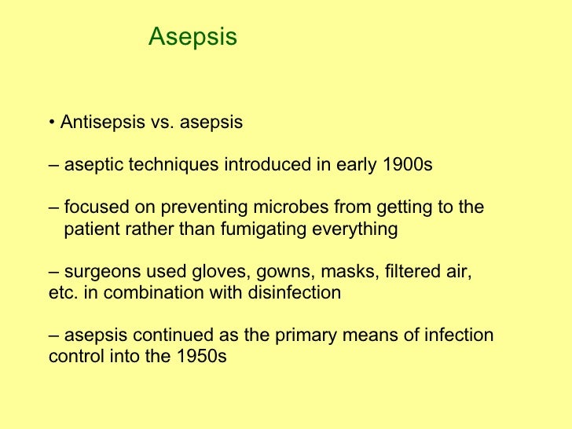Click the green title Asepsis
[192, 37]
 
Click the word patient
[91, 229]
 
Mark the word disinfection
[295, 293]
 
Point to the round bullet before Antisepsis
[51, 123]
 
